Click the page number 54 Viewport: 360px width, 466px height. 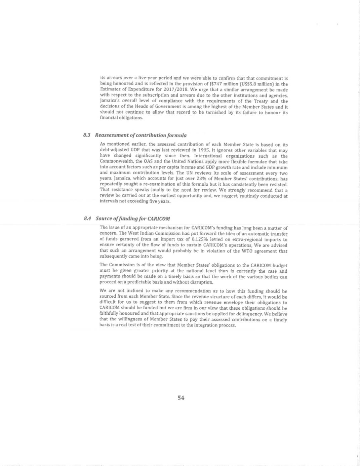pyautogui.click(x=181, y=398)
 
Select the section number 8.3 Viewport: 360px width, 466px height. pyautogui.click(x=87, y=135)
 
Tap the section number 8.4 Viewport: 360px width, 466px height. pyautogui.click(x=87, y=219)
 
